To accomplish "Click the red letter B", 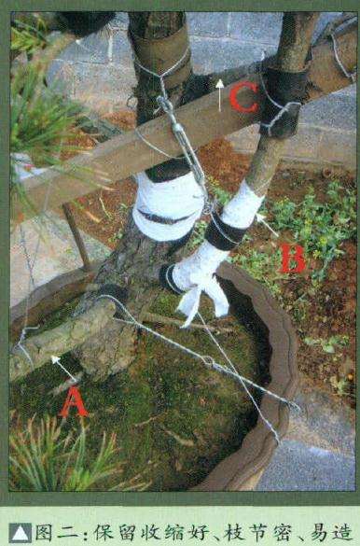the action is [293, 258].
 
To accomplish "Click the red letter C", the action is [243, 97].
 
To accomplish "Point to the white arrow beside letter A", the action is [64, 369].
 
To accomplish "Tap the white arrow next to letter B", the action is [267, 225].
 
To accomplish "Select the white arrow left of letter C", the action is [219, 95].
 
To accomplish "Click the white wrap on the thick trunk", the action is [168, 206].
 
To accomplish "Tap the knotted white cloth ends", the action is [201, 300].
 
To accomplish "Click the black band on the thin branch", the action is [225, 232].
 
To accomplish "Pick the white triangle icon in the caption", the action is [21, 534].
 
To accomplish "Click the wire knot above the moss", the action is [210, 361].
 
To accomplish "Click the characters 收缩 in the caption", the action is [160, 534].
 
